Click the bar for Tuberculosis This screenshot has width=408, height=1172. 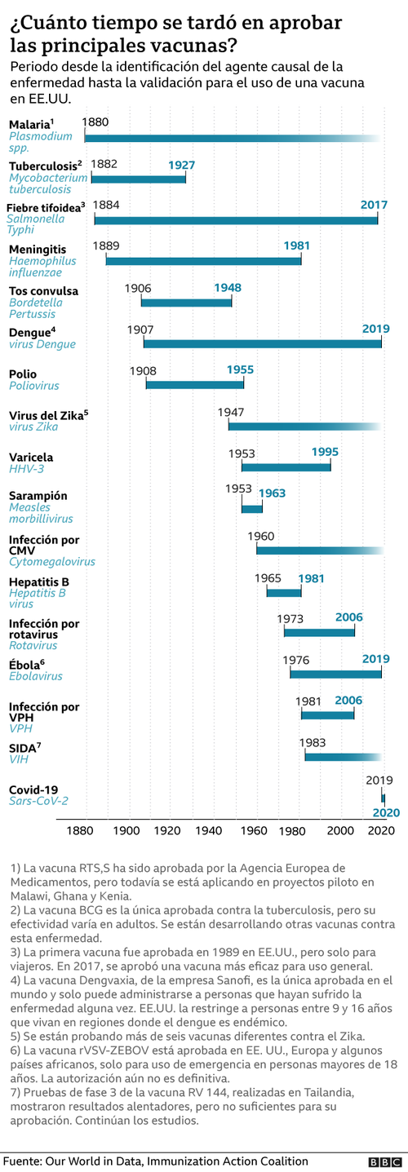(139, 178)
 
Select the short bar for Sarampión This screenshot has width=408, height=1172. (252, 509)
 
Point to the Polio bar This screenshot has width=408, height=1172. (194, 384)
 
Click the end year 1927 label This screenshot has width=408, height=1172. (181, 166)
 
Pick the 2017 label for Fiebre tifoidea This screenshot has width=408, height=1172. (374, 205)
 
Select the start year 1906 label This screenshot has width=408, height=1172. (138, 288)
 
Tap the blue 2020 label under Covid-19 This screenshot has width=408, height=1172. (386, 813)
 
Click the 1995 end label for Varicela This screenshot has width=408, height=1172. (325, 452)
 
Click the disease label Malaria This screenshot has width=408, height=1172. (29, 124)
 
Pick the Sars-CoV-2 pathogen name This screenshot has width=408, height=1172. (38, 801)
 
